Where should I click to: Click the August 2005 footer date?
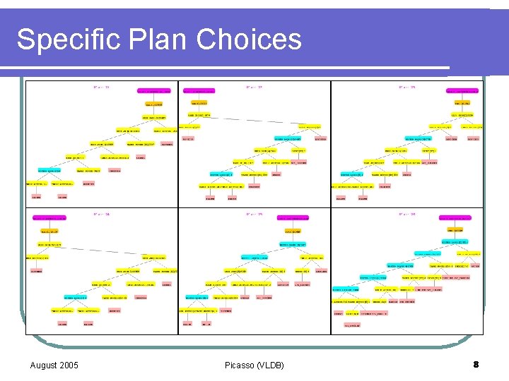point(54,365)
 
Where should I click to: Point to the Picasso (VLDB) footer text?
point(255,365)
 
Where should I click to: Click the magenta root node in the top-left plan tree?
point(154,91)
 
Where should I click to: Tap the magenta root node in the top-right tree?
point(462,91)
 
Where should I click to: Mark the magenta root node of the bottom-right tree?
point(462,218)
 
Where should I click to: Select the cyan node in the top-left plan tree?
point(54,170)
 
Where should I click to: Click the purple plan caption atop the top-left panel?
point(101,87)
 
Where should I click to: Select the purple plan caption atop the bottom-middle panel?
point(255,213)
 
